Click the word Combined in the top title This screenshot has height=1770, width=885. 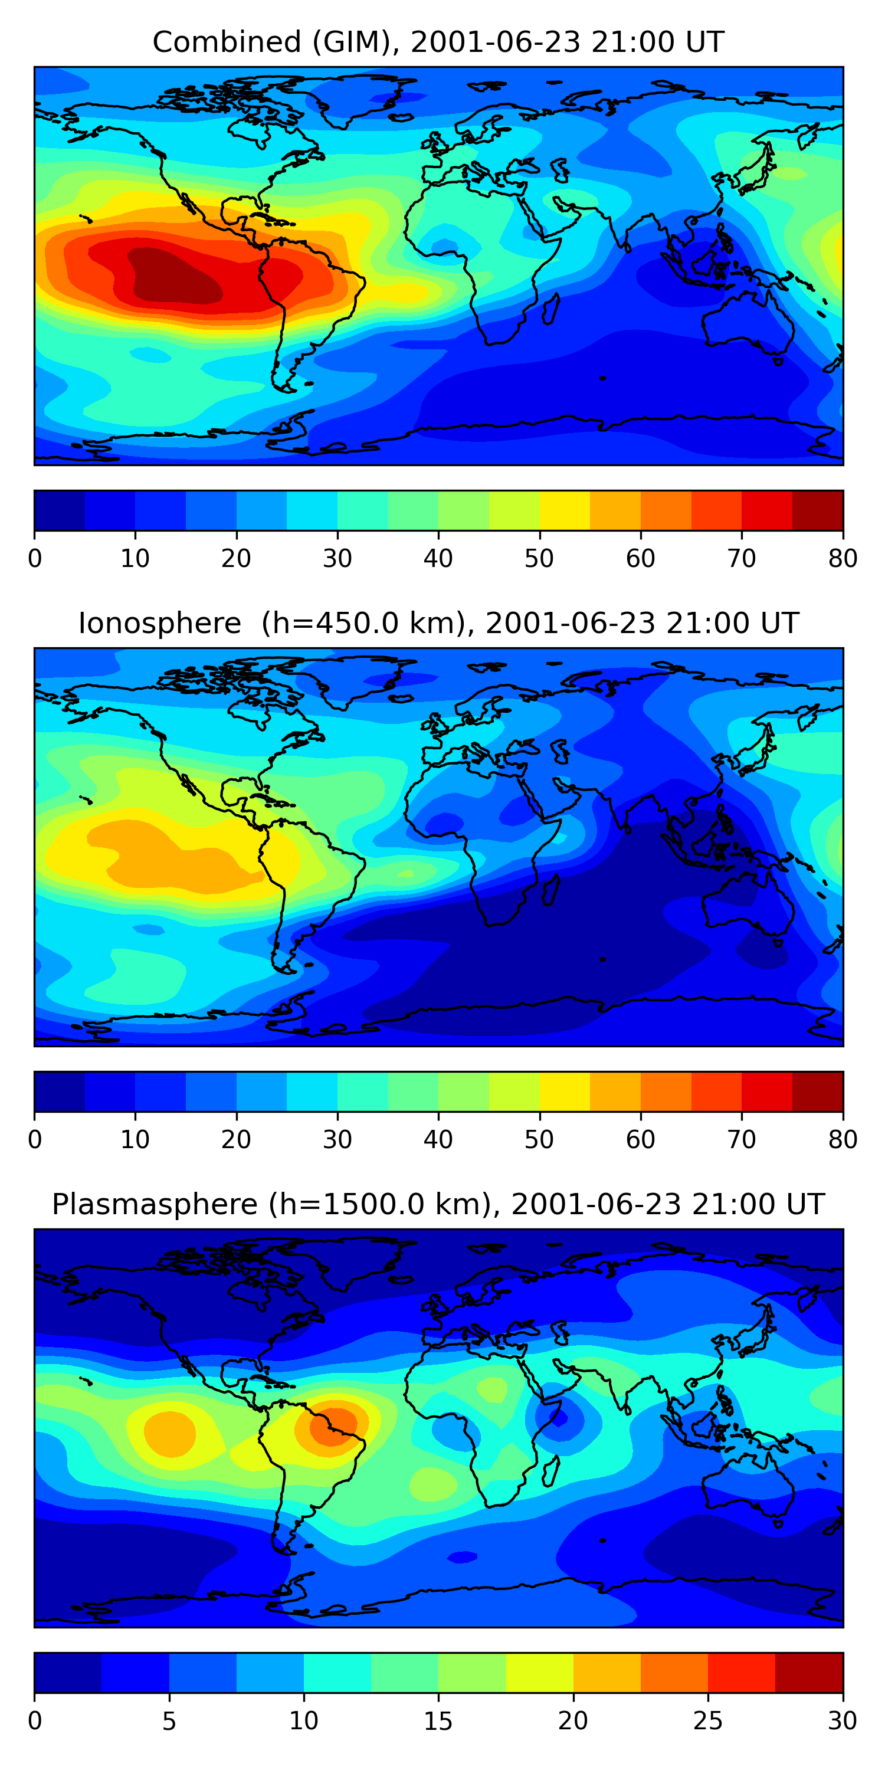click(x=226, y=42)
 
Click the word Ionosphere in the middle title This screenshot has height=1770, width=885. click(x=159, y=623)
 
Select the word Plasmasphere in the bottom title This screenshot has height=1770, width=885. click(x=154, y=1205)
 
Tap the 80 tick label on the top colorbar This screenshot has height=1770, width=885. click(x=843, y=559)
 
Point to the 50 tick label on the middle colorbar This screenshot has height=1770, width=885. click(x=539, y=1140)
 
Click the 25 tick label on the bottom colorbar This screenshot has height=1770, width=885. click(x=708, y=1721)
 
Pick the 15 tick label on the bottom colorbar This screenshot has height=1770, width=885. click(x=438, y=1721)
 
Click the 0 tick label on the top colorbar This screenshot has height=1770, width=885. click(x=35, y=559)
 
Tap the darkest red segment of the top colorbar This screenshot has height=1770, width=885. click(x=818, y=510)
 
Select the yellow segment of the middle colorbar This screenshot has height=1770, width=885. click(x=564, y=1092)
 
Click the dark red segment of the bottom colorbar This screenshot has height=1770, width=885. click(x=809, y=1673)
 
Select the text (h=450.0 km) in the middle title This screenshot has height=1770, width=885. click(x=363, y=623)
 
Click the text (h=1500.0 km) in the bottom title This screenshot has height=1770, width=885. click(x=380, y=1205)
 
